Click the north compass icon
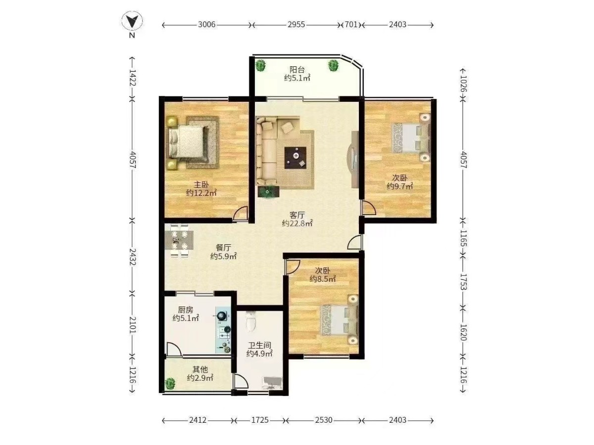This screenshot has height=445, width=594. point(132,21)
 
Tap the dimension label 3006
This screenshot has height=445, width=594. point(206,25)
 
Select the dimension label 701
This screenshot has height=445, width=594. point(351,25)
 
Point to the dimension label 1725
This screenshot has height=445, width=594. point(260,420)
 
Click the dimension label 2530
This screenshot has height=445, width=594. point(324,420)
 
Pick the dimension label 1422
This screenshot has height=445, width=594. point(133,78)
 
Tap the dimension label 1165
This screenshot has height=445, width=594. point(463,238)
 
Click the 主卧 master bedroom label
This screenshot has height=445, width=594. point(201,185)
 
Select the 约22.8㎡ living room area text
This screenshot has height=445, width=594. point(297,223)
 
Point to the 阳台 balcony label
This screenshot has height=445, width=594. point(297,70)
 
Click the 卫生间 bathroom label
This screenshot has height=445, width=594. point(259,345)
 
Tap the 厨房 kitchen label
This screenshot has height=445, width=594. point(185,310)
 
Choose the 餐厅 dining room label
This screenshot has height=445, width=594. point(223,248)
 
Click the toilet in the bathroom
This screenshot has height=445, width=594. point(251,321)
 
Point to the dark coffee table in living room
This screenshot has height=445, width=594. point(295,158)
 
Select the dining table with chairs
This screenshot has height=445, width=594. point(179,240)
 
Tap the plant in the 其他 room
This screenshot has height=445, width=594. point(170,383)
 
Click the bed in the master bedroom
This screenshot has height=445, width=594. point(186,142)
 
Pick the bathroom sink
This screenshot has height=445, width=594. point(272,383)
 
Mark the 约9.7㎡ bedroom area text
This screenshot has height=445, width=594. point(399,186)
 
